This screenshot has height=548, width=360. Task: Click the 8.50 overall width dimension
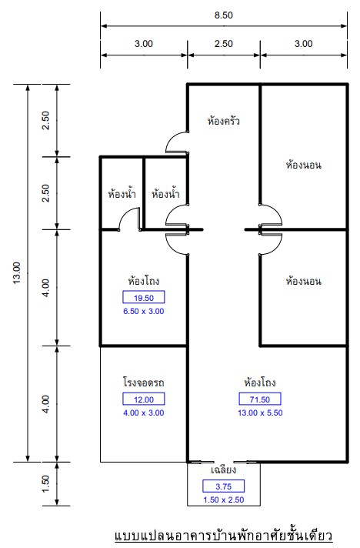tap(224, 15)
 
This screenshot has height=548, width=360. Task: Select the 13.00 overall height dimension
tap(17, 273)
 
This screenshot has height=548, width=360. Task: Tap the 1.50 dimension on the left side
tap(45, 484)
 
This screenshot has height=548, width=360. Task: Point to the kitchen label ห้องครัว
tap(224, 121)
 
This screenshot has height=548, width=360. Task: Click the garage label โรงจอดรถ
tap(144, 382)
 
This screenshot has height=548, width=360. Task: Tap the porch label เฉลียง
tap(224, 469)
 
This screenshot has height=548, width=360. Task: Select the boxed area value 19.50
tap(144, 297)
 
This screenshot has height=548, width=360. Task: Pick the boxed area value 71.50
tap(260, 399)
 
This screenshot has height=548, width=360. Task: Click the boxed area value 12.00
tap(144, 399)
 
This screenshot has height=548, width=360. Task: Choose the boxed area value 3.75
tap(224, 486)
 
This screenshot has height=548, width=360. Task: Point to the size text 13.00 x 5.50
tap(260, 413)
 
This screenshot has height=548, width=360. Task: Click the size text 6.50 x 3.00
tap(144, 311)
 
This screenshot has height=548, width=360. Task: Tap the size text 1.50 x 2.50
tap(224, 500)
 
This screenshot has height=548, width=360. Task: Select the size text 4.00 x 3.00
tap(144, 413)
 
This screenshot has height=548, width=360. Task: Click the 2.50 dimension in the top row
tap(224, 44)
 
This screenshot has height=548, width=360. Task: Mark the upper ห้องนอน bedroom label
tap(303, 165)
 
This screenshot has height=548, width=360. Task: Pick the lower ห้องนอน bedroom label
tap(303, 281)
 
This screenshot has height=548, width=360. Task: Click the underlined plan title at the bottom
tap(224, 536)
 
